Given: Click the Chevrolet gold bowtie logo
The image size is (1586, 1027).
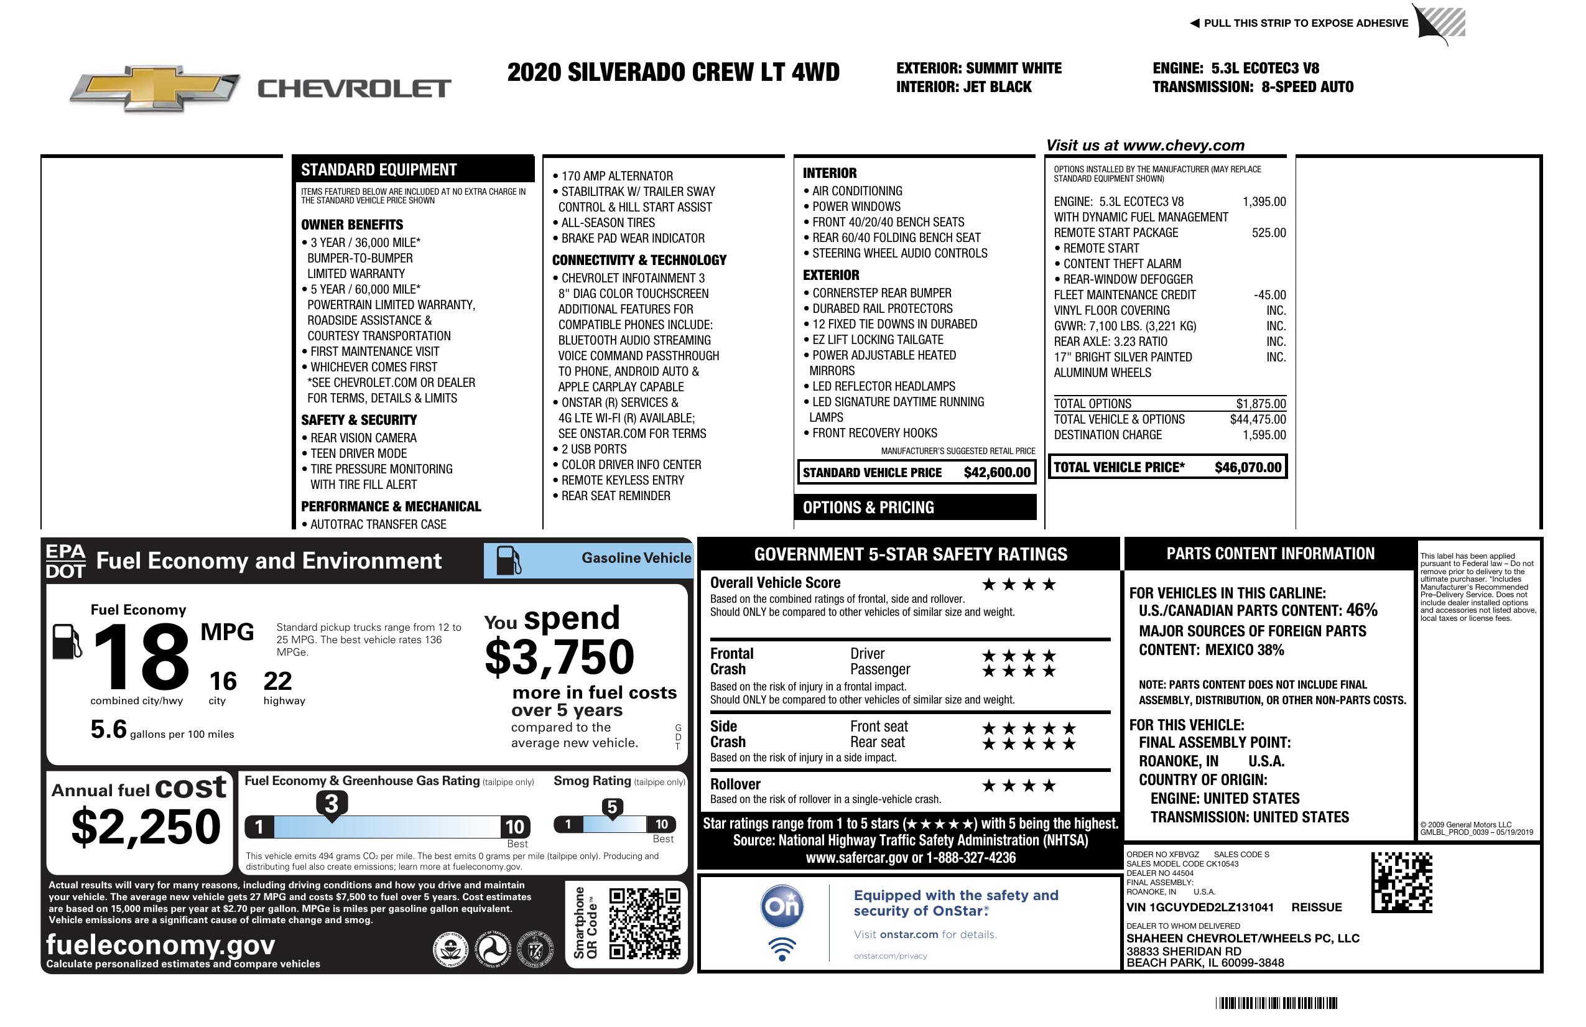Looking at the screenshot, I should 155,88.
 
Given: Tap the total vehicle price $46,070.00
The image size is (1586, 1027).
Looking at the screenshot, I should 1248,467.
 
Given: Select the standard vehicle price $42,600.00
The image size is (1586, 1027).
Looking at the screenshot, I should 997,473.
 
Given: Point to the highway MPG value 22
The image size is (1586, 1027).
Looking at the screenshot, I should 277,681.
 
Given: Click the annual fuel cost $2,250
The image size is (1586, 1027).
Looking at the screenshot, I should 146,827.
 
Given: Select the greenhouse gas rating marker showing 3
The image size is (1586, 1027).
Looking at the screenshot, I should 331,804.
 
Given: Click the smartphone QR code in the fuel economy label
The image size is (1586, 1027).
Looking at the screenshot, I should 644,923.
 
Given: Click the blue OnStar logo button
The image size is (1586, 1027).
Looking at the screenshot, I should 782,906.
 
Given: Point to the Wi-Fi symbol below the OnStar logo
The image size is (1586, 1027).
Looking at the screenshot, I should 782,949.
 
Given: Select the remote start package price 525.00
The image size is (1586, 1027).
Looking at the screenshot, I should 1269,233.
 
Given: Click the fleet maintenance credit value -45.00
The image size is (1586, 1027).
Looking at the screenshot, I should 1269,295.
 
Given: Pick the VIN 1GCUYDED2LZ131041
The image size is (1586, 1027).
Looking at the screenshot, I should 1200,907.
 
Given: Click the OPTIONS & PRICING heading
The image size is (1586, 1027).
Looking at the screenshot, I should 868,508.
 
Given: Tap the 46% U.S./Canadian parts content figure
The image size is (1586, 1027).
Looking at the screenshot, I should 1361,610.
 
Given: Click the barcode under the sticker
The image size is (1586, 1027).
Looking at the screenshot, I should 1276,1003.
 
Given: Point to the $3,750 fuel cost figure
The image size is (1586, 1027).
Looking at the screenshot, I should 559,657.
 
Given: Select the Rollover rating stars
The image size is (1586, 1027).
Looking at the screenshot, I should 1018,786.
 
